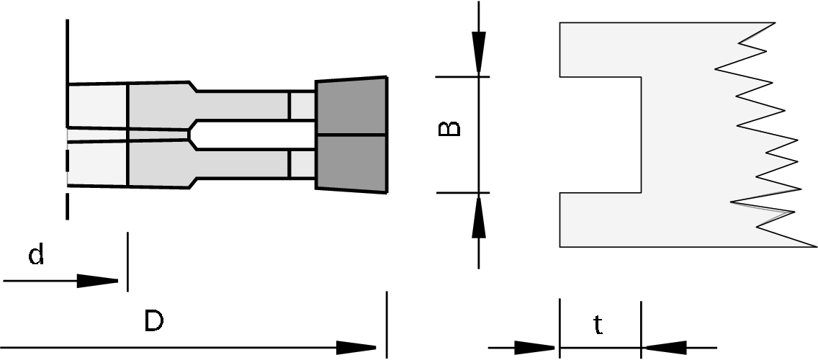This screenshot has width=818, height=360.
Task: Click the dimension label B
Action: (449, 129)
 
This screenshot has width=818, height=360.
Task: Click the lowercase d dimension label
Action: (36, 254)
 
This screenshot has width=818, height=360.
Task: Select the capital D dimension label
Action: (153, 322)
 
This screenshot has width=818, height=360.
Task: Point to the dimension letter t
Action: (598, 326)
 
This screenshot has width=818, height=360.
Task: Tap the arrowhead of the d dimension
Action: (98, 281)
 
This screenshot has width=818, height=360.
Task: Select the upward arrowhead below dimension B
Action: (479, 217)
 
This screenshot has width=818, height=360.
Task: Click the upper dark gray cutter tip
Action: (352, 106)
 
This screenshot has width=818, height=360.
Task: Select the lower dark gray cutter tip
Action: (352, 164)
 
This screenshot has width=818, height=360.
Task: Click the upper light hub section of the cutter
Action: (97, 107)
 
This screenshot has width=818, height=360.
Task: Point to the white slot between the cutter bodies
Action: (252, 135)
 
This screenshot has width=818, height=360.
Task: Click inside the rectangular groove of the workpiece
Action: (601, 135)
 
